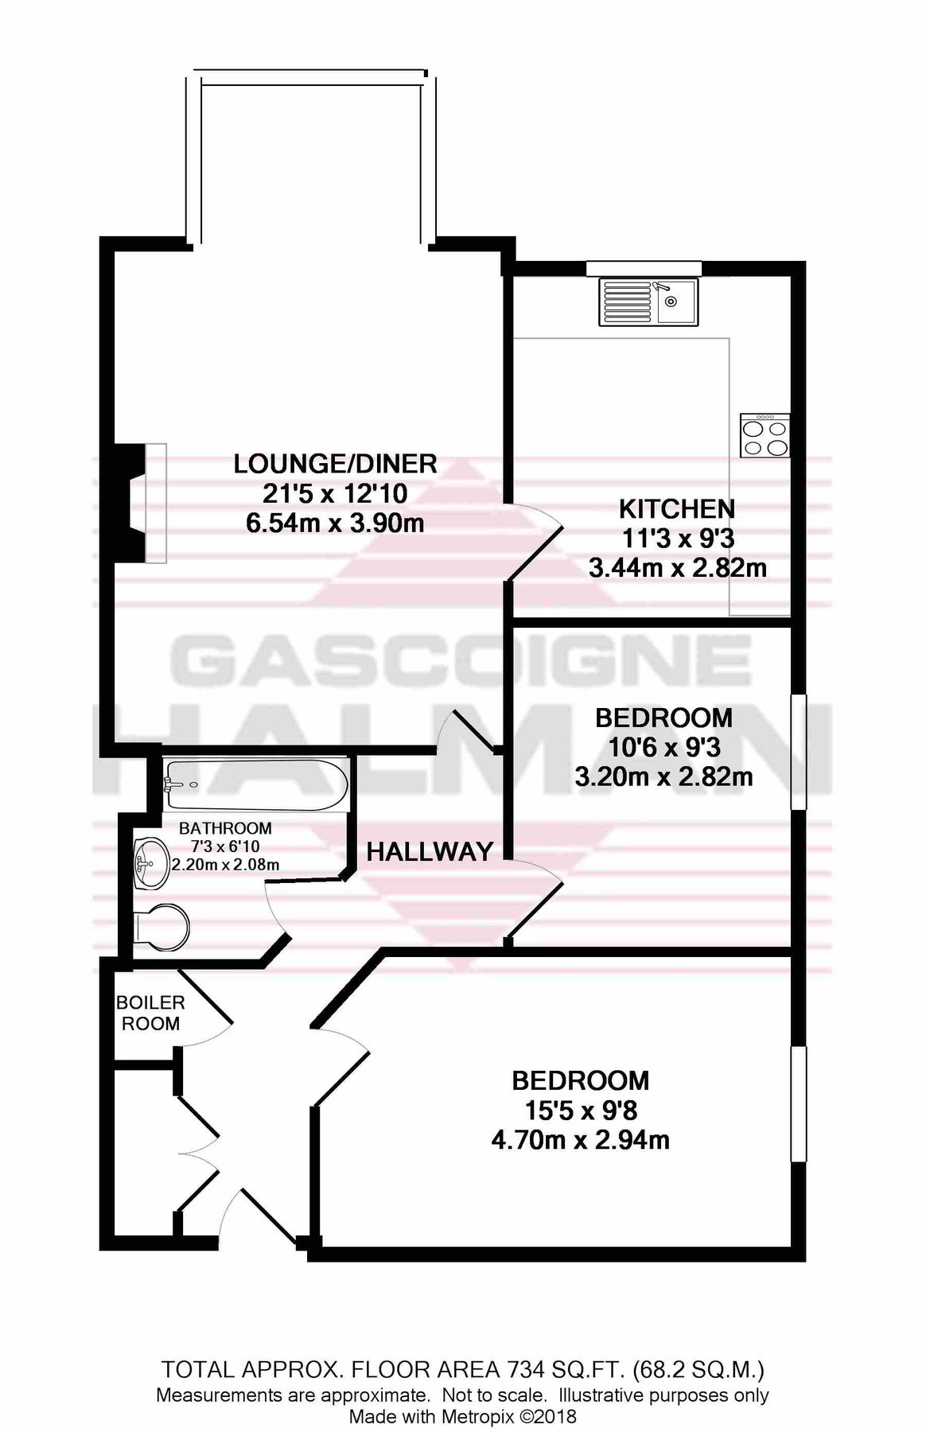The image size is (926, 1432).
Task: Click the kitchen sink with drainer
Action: pyautogui.click(x=648, y=302)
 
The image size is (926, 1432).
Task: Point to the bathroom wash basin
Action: pyautogui.click(x=150, y=863)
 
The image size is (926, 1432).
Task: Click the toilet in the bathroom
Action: pyautogui.click(x=161, y=928)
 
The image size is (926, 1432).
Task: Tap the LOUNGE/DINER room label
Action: pyautogui.click(x=335, y=463)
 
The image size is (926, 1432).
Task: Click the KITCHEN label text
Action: pyautogui.click(x=676, y=508)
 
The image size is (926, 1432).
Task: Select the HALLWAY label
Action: pyautogui.click(x=430, y=852)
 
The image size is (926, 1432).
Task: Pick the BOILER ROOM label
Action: pyautogui.click(x=150, y=1013)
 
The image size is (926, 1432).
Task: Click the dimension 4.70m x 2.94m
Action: pyautogui.click(x=580, y=1140)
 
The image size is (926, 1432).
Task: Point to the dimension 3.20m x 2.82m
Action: pyautogui.click(x=663, y=776)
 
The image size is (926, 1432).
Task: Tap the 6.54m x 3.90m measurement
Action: pyautogui.click(x=335, y=523)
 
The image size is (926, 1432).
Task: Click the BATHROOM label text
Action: pyautogui.click(x=225, y=828)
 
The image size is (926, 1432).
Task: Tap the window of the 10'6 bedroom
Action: pyautogui.click(x=798, y=752)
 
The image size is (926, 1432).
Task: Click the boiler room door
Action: pyautogui.click(x=206, y=998)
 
